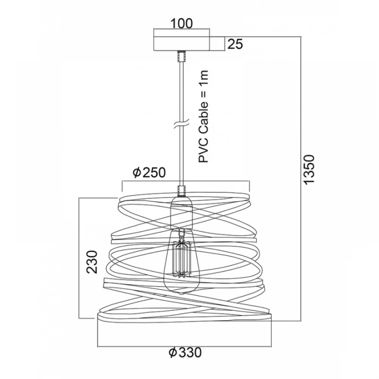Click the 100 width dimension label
click(x=182, y=23)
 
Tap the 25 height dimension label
click(x=235, y=44)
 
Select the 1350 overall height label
click(x=309, y=170)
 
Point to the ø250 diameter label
click(x=149, y=172)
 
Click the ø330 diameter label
click(x=185, y=352)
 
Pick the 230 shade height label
click(x=92, y=262)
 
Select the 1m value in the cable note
click(x=203, y=76)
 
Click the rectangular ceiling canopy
click(x=182, y=44)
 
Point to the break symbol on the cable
click(x=181, y=125)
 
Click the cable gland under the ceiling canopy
click(x=181, y=56)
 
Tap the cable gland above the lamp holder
click(x=181, y=191)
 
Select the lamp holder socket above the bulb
click(x=181, y=212)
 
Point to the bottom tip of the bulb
click(x=181, y=294)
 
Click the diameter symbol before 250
click(x=137, y=172)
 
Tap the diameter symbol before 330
click(x=172, y=352)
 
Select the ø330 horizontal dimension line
click(x=184, y=347)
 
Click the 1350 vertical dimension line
click(x=301, y=179)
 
